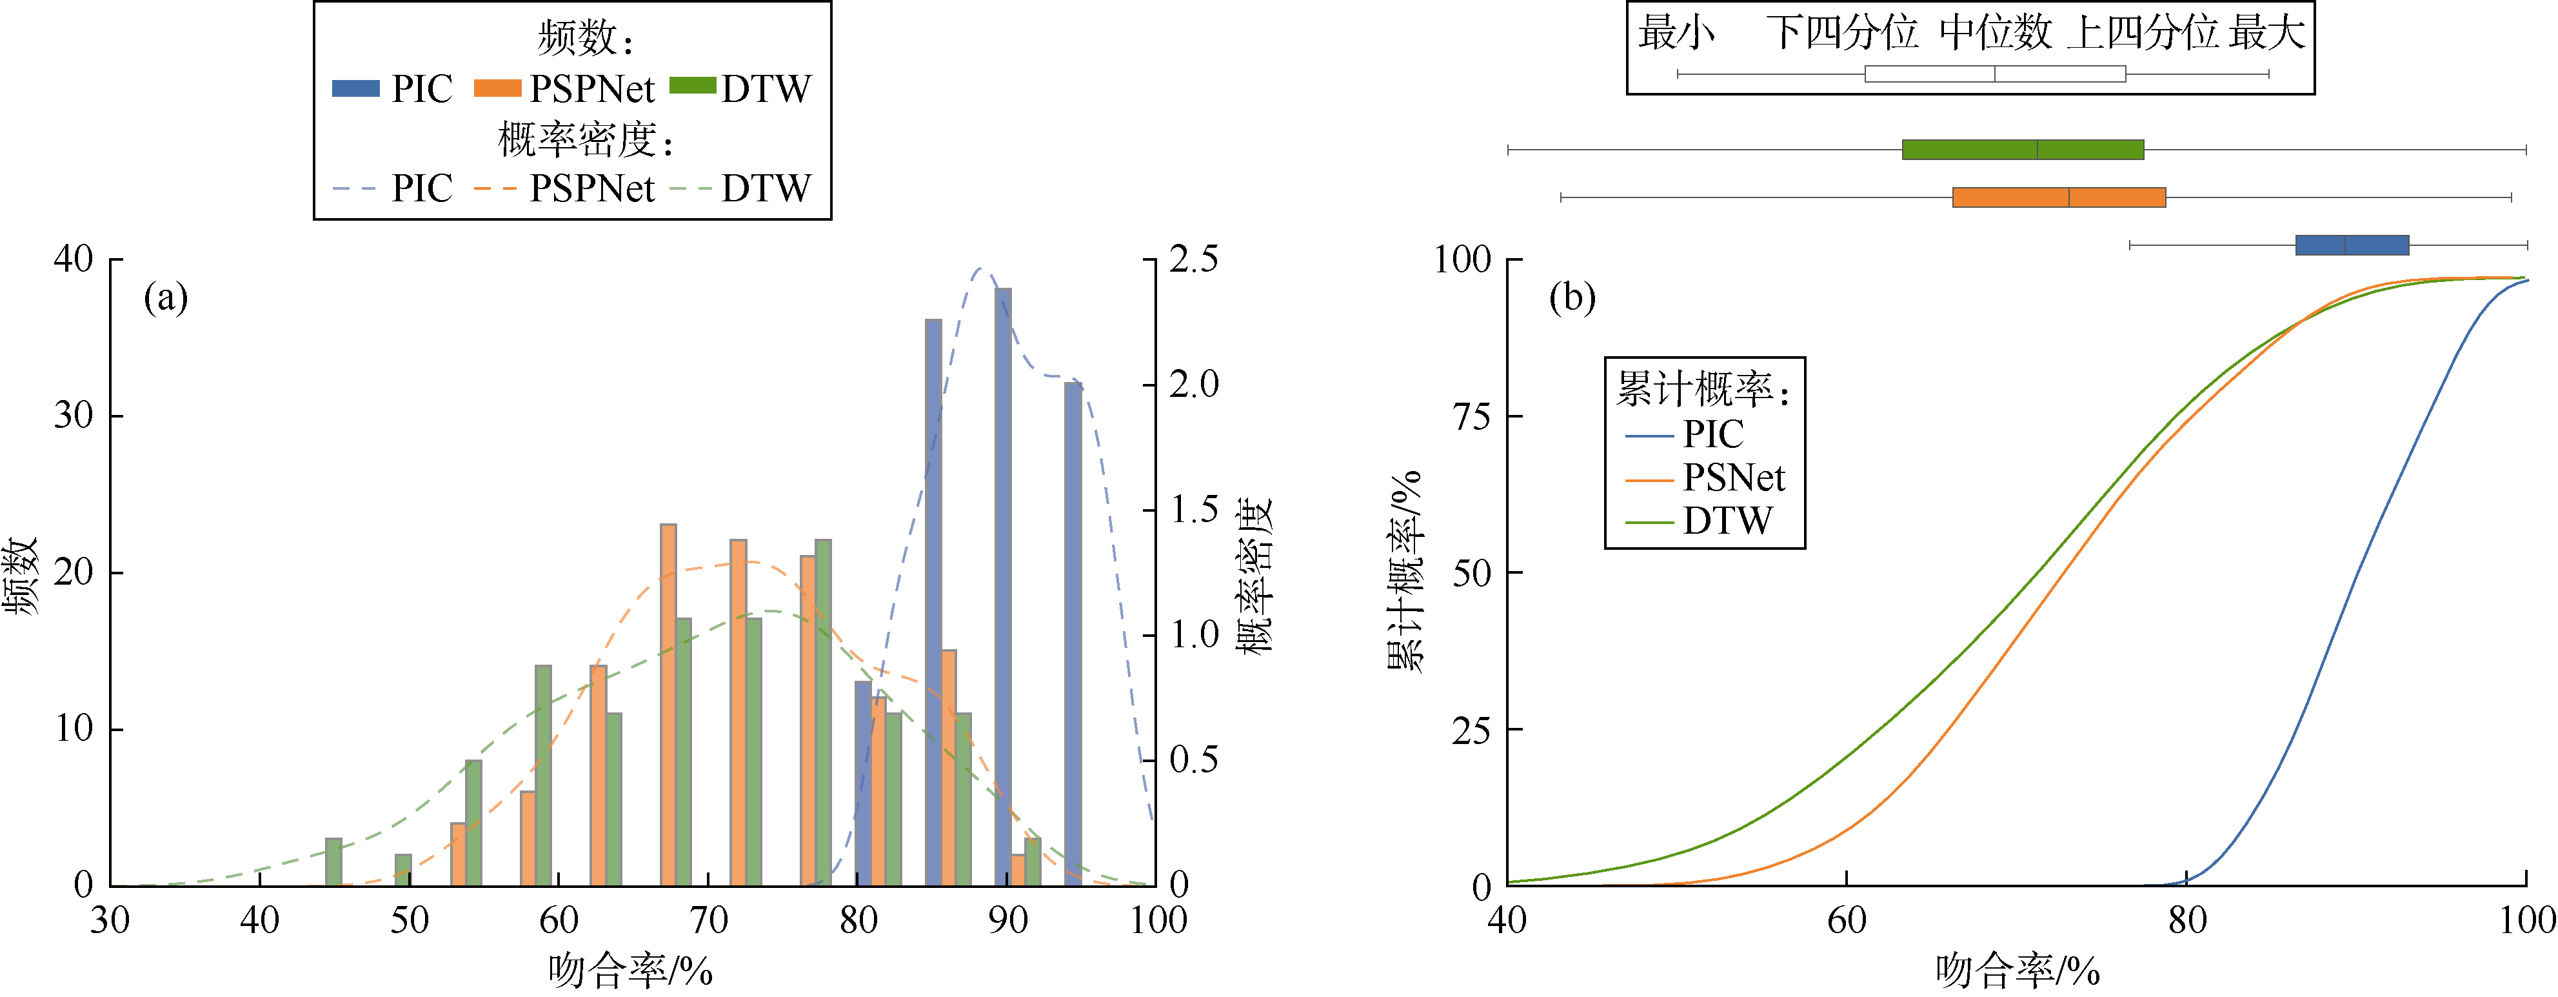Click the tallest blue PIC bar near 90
(x=1003, y=586)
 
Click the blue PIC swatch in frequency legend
(x=355, y=88)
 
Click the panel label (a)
(x=166, y=297)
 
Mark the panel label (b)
(x=1572, y=297)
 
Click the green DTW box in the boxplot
(x=2023, y=150)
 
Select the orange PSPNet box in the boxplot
(x=2059, y=197)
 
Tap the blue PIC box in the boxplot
(x=2352, y=245)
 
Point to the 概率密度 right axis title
(x=1254, y=576)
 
